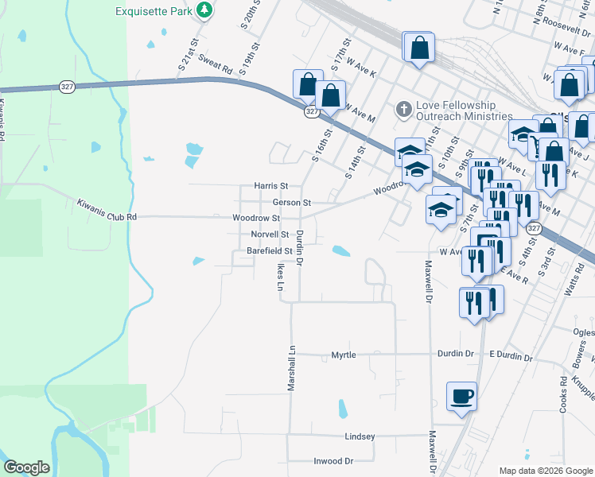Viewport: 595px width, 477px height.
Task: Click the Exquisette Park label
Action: coord(154,10)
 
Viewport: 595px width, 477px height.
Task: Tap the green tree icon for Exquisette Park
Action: coord(205,10)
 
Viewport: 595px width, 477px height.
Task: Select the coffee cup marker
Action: coord(463,396)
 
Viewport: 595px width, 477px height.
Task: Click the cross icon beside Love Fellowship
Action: coord(404,107)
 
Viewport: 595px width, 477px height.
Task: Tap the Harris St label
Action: coord(270,186)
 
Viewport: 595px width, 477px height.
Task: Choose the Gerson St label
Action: coord(291,203)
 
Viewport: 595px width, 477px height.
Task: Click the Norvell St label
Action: coord(270,235)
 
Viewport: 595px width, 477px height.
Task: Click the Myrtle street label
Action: coord(344,355)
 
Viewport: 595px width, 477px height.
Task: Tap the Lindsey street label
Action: coord(360,436)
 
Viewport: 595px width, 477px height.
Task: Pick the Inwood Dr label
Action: coord(333,461)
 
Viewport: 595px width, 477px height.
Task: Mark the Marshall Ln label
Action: coord(291,368)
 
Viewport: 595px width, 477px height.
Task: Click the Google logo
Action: coord(26,467)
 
